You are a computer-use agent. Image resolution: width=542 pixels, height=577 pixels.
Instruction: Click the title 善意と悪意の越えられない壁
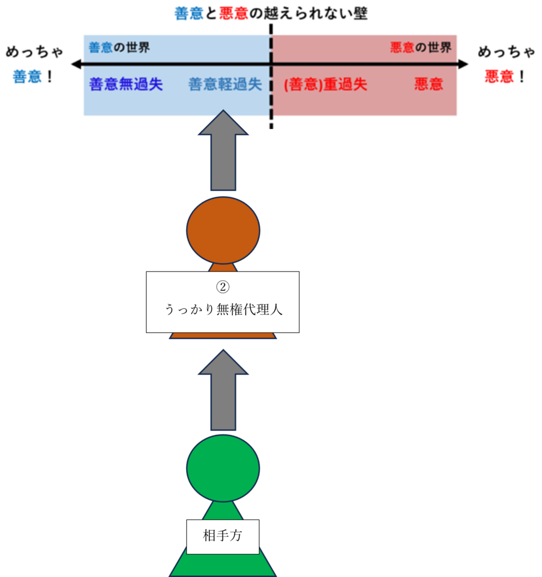click(x=271, y=14)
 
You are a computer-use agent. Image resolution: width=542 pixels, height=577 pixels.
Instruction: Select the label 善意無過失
click(x=126, y=85)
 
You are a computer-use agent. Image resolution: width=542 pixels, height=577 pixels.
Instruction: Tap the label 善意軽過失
click(x=225, y=85)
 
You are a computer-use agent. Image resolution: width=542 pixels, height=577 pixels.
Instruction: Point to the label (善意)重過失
click(x=325, y=85)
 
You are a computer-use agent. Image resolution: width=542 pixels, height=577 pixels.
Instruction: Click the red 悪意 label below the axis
click(x=429, y=85)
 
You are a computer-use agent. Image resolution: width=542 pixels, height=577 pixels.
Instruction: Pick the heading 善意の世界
click(x=119, y=47)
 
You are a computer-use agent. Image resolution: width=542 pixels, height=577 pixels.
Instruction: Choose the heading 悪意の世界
click(x=421, y=47)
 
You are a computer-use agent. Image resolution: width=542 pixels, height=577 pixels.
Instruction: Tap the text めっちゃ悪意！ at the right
click(x=506, y=65)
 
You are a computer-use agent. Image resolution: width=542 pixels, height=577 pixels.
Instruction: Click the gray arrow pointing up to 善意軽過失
click(x=223, y=151)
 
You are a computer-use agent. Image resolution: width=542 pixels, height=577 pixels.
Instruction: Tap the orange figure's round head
click(x=223, y=229)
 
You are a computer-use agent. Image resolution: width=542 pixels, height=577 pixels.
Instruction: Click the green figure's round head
click(x=223, y=468)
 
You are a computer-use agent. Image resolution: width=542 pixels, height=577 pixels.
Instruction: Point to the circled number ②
click(x=223, y=287)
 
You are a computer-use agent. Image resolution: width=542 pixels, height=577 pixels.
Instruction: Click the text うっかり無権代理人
click(x=223, y=309)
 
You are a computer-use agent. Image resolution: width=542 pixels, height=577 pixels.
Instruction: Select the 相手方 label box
click(x=223, y=536)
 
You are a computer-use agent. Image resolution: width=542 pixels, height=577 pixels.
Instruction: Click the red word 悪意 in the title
click(x=233, y=14)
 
